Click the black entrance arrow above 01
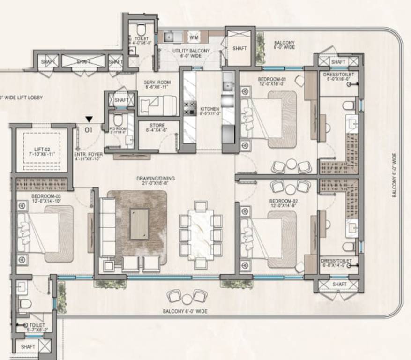[89, 120]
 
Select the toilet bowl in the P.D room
[117, 119]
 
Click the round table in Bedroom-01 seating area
[291, 164]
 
